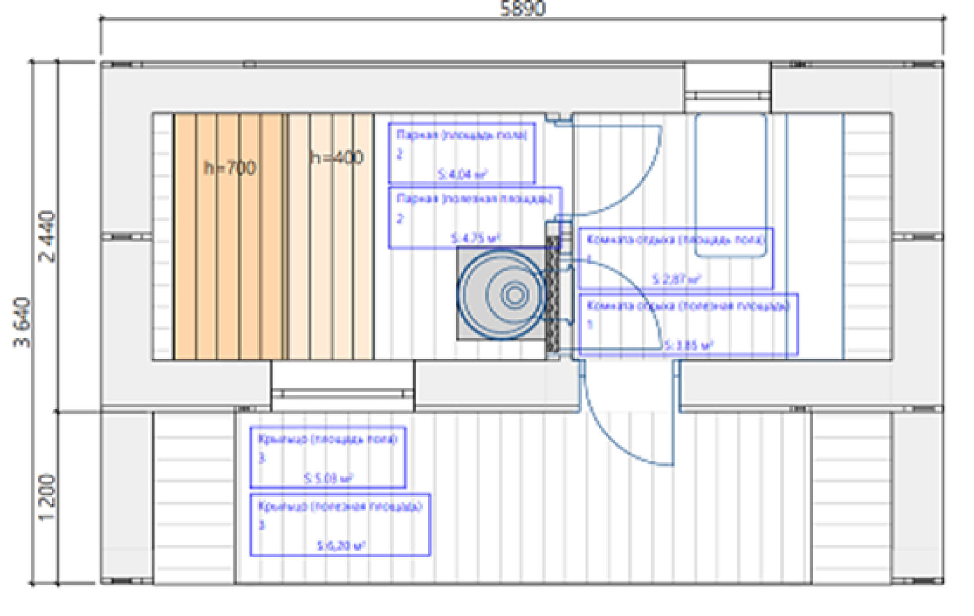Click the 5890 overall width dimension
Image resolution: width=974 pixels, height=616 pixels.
(522, 8)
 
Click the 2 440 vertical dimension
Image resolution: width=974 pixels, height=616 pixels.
(49, 236)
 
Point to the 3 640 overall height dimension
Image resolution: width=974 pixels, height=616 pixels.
(22, 322)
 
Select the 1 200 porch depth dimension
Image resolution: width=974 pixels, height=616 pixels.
(49, 497)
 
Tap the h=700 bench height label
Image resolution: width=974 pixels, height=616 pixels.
(230, 168)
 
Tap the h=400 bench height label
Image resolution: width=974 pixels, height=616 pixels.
(337, 158)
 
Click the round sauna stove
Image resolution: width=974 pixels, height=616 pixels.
(502, 294)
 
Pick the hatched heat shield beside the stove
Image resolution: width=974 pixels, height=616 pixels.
(553, 294)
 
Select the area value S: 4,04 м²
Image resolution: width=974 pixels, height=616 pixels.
(462, 174)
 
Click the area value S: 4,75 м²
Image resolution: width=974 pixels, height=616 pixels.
(475, 238)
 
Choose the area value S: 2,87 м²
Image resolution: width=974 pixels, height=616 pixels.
(676, 279)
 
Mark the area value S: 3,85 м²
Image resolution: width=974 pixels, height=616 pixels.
(688, 345)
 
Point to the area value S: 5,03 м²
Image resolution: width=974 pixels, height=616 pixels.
(328, 479)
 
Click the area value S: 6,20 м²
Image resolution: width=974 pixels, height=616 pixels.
(341, 545)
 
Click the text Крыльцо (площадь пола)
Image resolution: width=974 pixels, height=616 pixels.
(328, 439)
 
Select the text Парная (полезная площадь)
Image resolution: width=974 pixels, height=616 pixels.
(474, 199)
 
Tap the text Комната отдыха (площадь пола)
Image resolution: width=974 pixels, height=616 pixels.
(676, 239)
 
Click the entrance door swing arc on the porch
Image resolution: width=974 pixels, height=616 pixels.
(618, 440)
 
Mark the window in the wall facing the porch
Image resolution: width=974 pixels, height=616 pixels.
(343, 393)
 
